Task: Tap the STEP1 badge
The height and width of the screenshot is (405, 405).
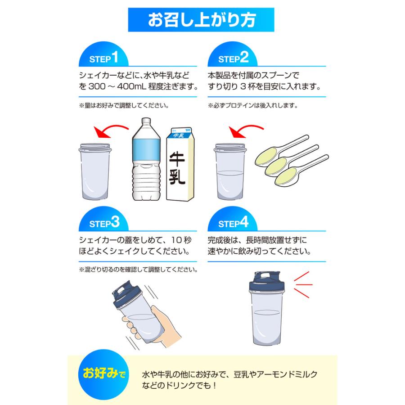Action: click(x=104, y=58)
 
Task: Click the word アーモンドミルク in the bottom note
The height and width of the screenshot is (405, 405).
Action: click(x=295, y=374)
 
